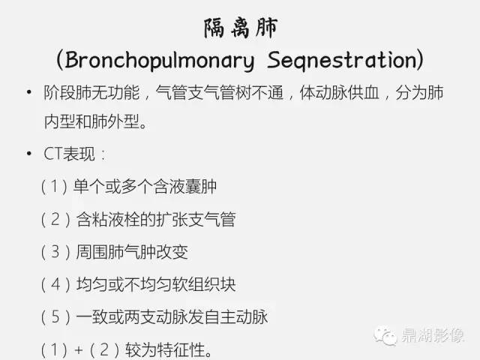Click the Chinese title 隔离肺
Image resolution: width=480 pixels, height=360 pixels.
(240, 28)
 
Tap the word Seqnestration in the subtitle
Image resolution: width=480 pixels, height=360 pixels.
(340, 59)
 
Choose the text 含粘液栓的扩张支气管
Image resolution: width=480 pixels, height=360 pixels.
(156, 220)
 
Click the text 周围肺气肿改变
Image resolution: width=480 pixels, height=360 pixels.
(132, 252)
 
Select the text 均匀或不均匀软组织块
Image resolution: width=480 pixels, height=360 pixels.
(156, 284)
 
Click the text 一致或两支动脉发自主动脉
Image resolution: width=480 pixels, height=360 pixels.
(172, 316)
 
